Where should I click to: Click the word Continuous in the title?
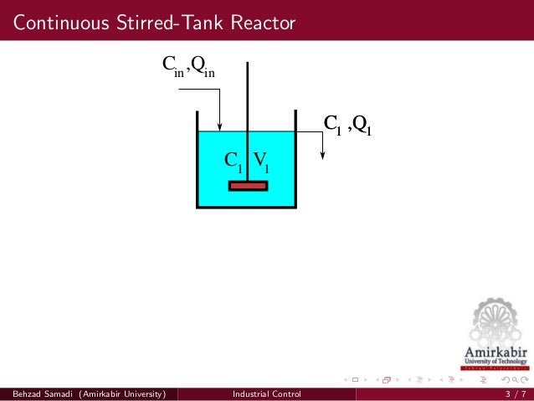pos(55,23)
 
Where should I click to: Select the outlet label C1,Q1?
pos(347,126)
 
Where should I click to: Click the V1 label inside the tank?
pos(261,161)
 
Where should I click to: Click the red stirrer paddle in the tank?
pos(248,185)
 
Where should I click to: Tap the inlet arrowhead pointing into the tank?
pos(218,126)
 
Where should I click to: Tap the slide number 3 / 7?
pos(516,393)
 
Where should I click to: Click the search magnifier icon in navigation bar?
pos(513,380)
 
